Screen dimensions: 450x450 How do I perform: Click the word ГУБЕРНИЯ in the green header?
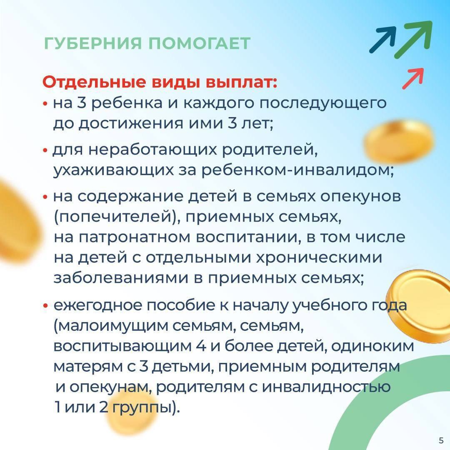[93, 43]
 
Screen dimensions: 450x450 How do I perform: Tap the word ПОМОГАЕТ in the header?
[200, 43]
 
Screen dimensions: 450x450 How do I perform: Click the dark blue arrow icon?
[383, 40]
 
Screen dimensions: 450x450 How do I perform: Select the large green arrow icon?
[413, 39]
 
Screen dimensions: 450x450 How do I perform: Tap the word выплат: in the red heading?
[242, 82]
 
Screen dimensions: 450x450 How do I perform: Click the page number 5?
[441, 440]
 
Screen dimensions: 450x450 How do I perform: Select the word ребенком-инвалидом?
[297, 170]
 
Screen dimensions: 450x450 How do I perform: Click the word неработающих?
[152, 150]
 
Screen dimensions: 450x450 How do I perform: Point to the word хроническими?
[319, 258]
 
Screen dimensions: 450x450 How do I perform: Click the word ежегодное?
[97, 306]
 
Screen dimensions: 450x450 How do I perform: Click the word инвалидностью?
[326, 387]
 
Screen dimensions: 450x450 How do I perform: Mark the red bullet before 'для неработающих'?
[45, 150]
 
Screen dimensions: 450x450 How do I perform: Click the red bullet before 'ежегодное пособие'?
[45, 306]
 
